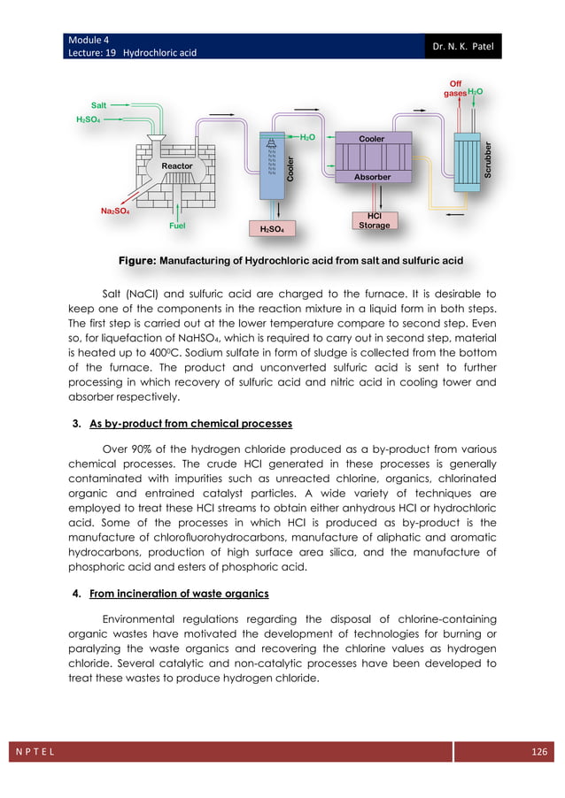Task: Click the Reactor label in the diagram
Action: click(177, 165)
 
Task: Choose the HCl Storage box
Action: click(374, 221)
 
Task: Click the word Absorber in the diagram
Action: click(373, 178)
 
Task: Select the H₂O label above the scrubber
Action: click(476, 91)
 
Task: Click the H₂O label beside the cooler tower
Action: click(307, 137)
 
